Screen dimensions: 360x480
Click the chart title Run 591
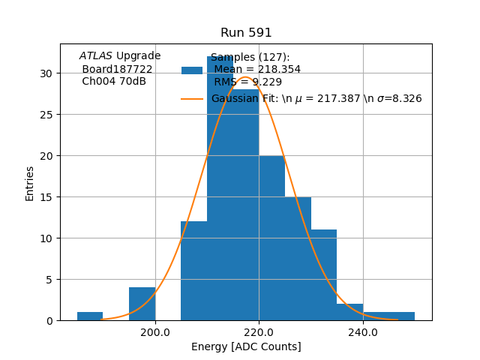[x=246, y=33]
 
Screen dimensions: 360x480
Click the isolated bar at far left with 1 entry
[x=90, y=316]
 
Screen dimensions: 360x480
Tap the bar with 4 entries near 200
[x=142, y=304]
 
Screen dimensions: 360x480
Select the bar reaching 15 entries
[x=298, y=259]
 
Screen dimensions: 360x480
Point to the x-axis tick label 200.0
[x=155, y=332]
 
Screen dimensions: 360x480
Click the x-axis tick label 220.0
[x=259, y=332]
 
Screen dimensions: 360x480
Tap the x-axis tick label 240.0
[x=363, y=332]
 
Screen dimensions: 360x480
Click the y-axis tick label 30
[x=46, y=73]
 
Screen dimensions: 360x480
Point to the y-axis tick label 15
[x=46, y=197]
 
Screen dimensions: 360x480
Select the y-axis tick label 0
[x=49, y=321]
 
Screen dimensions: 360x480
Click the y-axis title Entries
[x=30, y=183]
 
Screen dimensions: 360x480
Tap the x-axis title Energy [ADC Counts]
[x=246, y=346]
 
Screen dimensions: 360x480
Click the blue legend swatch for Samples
[x=192, y=70]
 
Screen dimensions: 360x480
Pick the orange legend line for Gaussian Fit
[x=192, y=99]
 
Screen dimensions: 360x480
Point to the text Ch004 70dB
[x=114, y=82]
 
